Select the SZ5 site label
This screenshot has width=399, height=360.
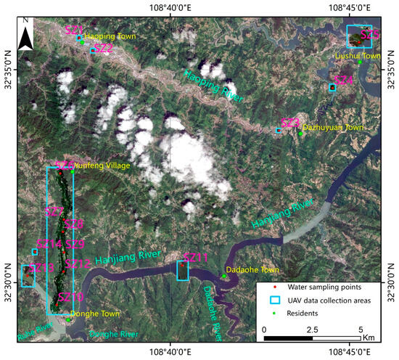[x=370, y=34]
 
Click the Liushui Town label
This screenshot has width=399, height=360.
[x=357, y=55]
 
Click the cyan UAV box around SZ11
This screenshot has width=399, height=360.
[x=183, y=270]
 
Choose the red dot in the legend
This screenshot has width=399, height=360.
[x=270, y=287]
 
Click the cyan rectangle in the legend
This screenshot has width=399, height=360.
[x=270, y=300]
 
